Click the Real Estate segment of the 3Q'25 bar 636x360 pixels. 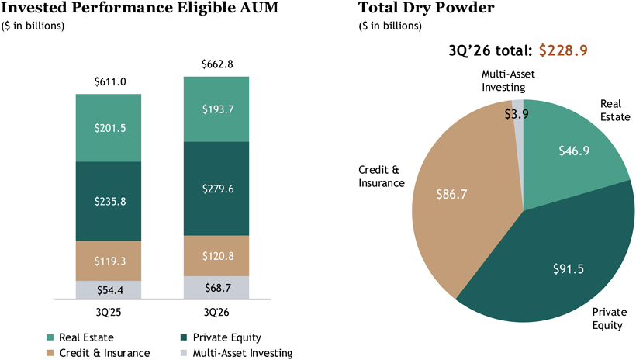109,128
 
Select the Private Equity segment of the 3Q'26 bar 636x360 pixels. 216,189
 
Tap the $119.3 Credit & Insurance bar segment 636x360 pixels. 109,261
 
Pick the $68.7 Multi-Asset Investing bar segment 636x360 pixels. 216,288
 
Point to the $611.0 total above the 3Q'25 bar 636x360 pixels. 110,82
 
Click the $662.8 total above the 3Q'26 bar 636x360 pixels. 217,64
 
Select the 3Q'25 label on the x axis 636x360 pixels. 109,312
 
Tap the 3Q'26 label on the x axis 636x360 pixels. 216,312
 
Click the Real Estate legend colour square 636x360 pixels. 50,337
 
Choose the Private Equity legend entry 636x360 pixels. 220,337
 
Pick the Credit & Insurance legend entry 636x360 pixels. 99,353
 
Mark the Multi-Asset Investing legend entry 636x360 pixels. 237,353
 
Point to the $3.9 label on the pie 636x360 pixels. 517,114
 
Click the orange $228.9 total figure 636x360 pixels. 563,50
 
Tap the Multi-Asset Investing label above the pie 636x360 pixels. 508,81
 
